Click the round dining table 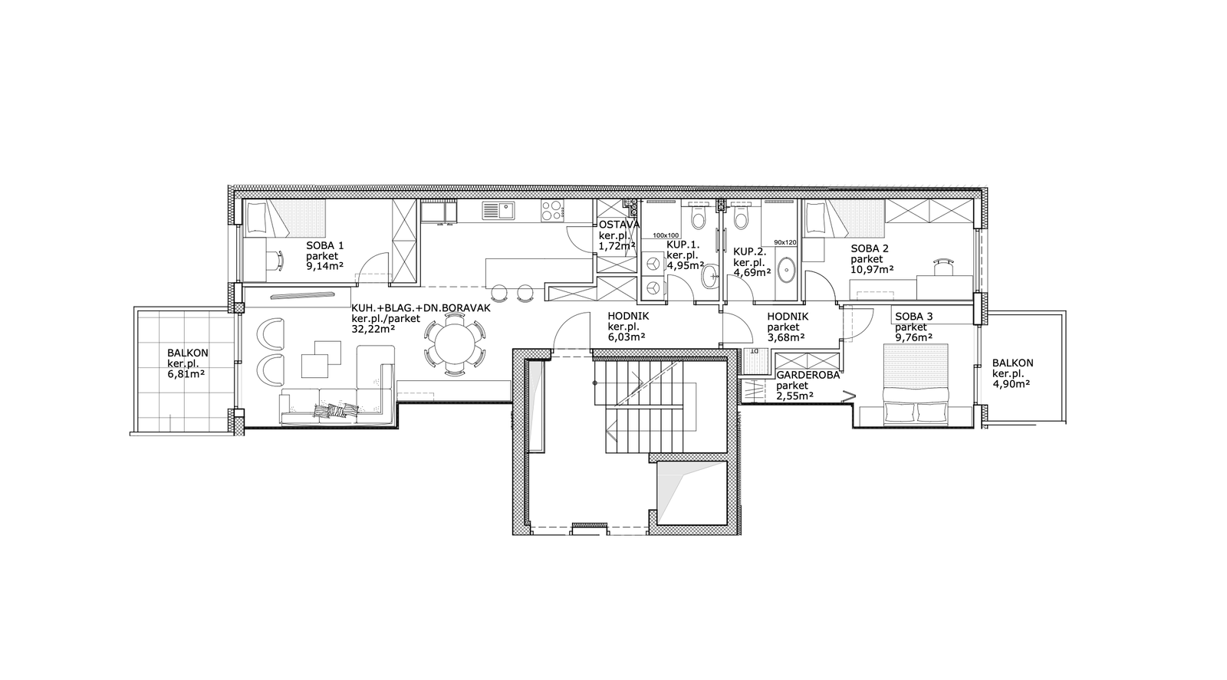(x=455, y=347)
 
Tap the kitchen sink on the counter (x=498, y=210)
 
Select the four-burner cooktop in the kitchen (x=553, y=211)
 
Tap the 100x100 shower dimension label (x=666, y=235)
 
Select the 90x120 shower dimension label (x=785, y=242)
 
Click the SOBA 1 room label (x=325, y=246)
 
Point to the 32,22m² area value (x=373, y=329)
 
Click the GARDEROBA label (x=808, y=376)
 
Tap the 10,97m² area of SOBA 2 (x=872, y=269)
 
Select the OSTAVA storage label (x=619, y=225)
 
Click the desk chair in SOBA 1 (x=278, y=261)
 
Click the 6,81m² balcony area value (x=186, y=374)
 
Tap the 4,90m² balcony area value (x=1012, y=384)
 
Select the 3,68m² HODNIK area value (x=786, y=337)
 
